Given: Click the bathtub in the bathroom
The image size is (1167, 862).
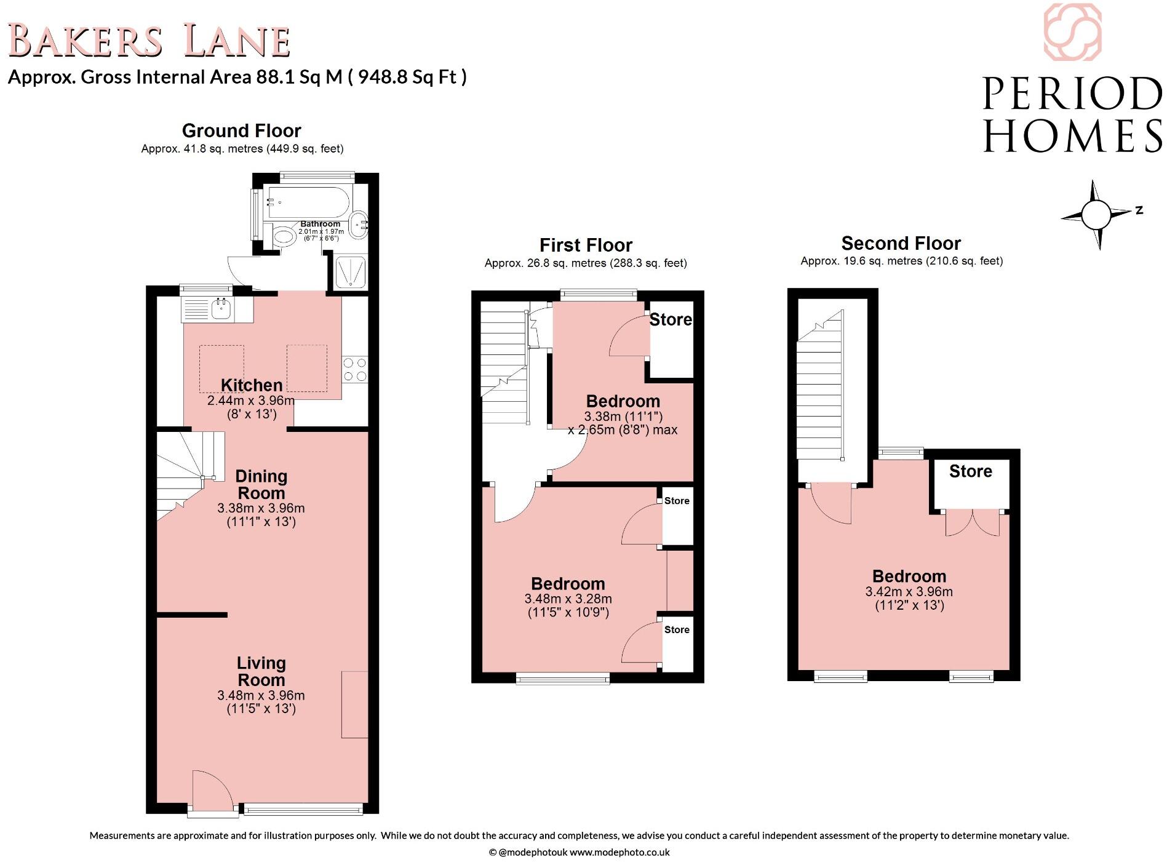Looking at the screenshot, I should point(307,202).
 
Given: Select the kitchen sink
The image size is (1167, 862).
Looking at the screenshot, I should point(220,308).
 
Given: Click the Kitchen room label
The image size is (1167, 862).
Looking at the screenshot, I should point(252,385).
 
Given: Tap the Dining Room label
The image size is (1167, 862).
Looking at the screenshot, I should point(261,484).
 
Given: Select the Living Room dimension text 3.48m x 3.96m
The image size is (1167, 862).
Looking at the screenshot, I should point(261,695).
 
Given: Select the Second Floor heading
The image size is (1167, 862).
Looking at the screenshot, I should point(901,243).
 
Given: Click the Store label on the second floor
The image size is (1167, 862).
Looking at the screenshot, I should point(970,471).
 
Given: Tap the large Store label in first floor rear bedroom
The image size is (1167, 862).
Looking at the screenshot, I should point(671,320).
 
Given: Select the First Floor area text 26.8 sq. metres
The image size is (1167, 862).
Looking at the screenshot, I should point(585,263).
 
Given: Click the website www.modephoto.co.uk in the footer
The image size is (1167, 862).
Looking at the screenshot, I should point(619,852).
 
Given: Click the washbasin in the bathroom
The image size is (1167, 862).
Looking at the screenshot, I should point(359,226).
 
